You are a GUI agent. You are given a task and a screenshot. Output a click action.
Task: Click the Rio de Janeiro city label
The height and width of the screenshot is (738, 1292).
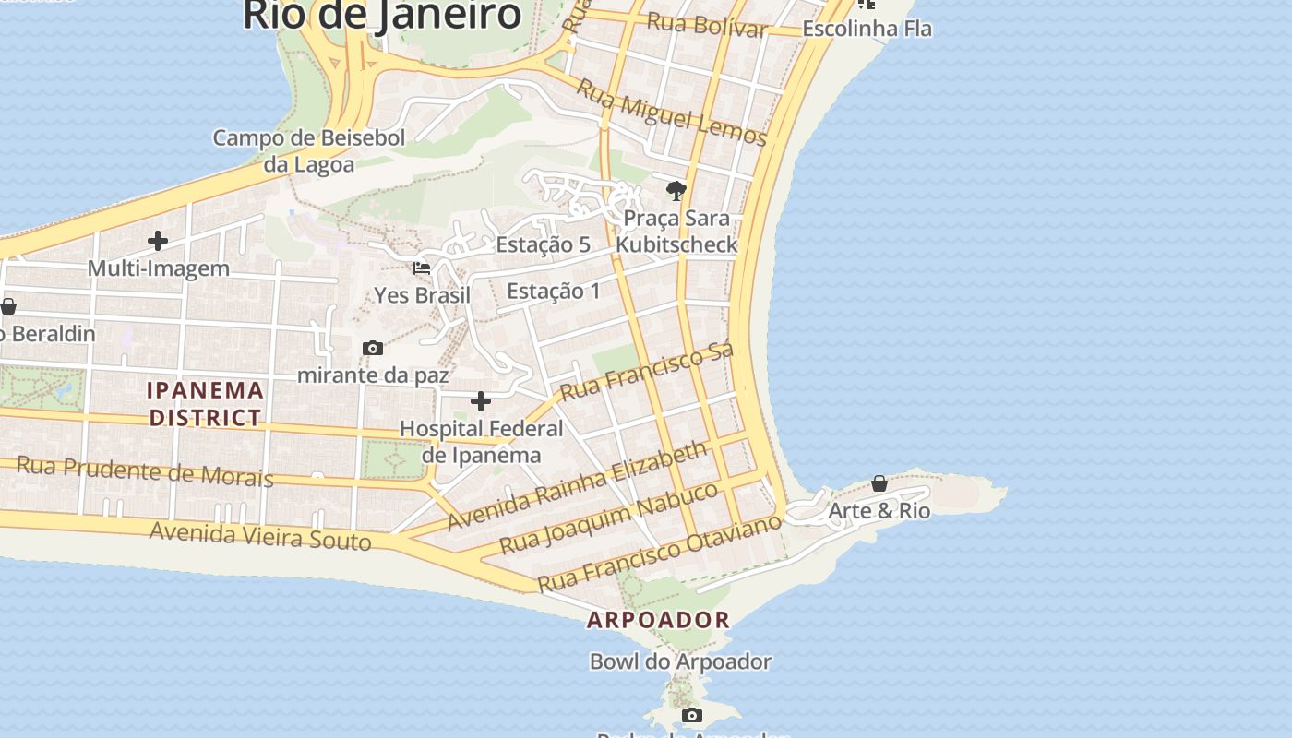382,16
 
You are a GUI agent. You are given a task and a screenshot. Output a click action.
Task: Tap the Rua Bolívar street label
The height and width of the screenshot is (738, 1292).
706,25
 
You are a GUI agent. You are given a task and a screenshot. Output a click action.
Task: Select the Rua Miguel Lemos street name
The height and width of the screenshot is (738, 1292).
671,113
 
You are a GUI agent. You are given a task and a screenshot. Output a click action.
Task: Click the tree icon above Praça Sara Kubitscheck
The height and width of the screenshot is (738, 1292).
676,191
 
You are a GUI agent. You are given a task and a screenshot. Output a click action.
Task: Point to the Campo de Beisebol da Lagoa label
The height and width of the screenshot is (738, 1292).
309,151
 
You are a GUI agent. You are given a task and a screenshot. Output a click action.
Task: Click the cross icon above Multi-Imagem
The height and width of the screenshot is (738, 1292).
158,242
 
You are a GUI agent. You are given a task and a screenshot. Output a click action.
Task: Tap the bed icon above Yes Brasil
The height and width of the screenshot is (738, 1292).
422,268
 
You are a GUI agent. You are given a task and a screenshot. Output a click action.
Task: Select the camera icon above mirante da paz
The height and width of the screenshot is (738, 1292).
373,348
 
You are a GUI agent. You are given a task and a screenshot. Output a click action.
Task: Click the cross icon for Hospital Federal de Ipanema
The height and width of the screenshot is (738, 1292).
481,401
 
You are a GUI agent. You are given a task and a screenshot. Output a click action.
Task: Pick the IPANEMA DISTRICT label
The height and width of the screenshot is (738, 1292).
206,404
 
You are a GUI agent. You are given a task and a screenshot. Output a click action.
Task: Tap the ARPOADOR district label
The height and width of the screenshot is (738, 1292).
659,620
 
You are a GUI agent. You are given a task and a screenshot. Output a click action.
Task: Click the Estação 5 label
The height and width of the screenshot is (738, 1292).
543,244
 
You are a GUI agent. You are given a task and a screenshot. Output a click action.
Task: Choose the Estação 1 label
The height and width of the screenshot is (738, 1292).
553,292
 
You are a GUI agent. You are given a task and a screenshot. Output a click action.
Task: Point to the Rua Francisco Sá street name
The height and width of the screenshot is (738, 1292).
647,371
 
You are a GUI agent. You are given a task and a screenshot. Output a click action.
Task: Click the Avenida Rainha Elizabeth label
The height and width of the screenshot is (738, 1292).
578,485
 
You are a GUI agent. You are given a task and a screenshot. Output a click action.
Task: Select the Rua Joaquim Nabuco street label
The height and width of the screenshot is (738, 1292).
608,518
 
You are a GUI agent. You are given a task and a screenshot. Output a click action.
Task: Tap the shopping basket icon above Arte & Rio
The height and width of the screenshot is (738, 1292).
879,483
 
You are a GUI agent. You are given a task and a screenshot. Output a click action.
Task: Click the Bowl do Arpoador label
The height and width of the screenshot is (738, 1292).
680,661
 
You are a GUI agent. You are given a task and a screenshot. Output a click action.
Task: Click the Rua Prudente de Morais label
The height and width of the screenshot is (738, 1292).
145,470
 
